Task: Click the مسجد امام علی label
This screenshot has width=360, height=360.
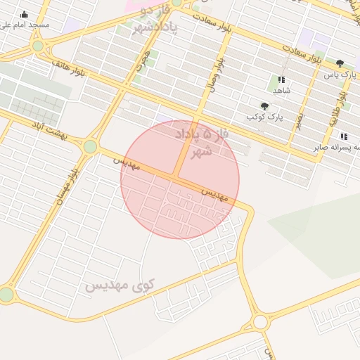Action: pyautogui.click(x=25, y=25)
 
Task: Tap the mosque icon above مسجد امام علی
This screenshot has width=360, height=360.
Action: pyautogui.click(x=25, y=14)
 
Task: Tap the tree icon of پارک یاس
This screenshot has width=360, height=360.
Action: pyautogui.click(x=341, y=63)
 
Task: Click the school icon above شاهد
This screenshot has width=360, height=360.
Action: pyautogui.click(x=282, y=80)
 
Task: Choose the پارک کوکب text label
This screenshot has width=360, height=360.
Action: pyautogui.click(x=264, y=117)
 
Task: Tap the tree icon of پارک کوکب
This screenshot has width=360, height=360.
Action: pyautogui.click(x=264, y=106)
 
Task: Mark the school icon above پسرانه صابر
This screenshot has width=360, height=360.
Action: pyautogui.click(x=343, y=136)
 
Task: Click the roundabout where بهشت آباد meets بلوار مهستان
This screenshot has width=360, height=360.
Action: pyautogui.click(x=90, y=146)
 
